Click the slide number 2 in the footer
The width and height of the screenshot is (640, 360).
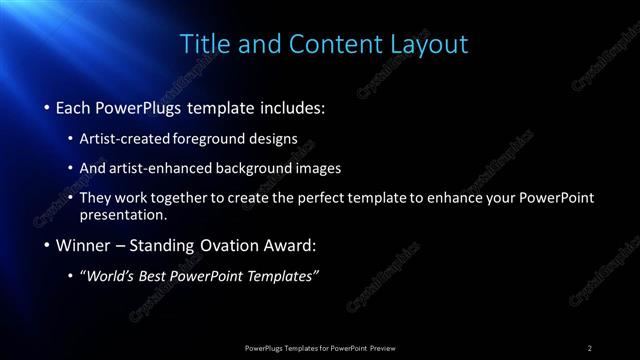click(x=590, y=347)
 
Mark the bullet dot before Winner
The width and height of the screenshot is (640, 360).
click(x=47, y=245)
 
